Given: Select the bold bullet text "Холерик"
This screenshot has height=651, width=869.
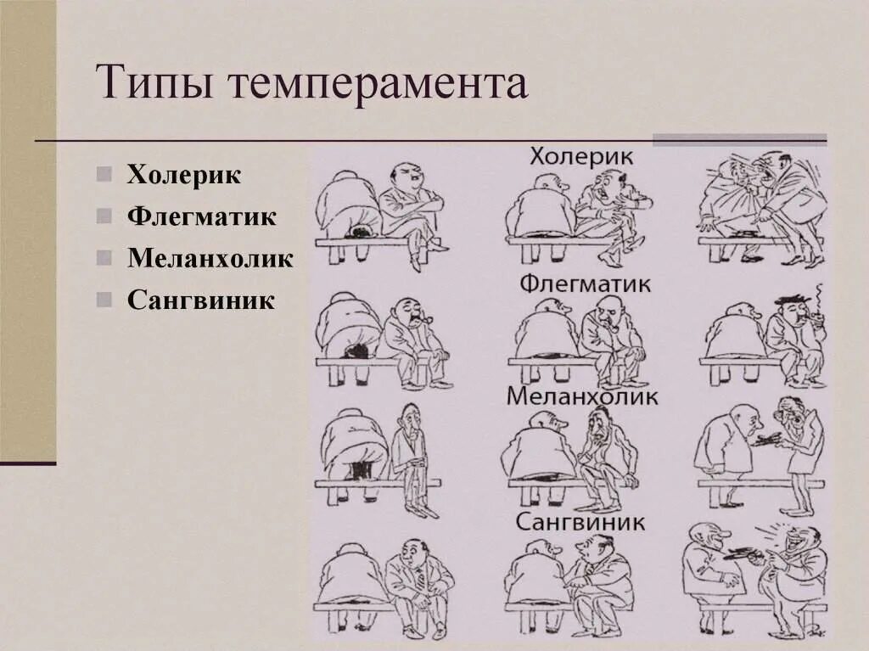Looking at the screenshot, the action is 184,175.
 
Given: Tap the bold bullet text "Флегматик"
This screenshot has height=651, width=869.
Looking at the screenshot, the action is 201,216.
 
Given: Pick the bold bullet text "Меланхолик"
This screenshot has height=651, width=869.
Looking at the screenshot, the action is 210,257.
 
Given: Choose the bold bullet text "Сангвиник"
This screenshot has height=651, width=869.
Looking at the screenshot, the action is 201,299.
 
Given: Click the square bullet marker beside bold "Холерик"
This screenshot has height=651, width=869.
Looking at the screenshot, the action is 104,176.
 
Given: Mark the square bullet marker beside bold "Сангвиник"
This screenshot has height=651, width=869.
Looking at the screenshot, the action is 104,299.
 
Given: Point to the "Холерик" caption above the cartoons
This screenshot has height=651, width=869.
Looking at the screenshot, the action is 581,157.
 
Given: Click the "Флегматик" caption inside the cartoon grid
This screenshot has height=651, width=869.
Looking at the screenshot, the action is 585,282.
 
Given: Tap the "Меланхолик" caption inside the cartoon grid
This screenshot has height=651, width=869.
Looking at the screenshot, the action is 582,396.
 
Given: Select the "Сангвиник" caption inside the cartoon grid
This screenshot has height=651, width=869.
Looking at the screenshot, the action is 580,521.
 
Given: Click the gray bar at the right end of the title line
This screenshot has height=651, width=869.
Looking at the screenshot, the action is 739,139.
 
